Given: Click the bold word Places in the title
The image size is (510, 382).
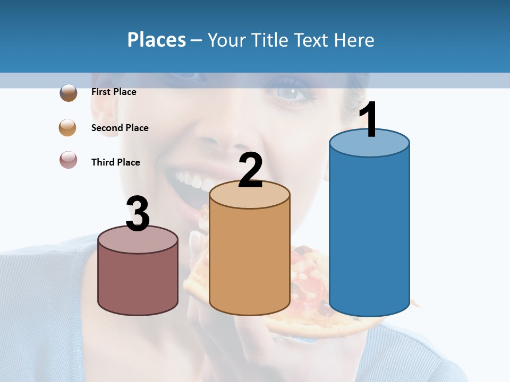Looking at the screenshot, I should (157, 40).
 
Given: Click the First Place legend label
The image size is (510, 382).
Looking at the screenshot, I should (114, 92).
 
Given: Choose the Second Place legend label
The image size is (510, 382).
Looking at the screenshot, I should (120, 128).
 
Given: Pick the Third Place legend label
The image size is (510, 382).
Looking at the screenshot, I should (115, 162).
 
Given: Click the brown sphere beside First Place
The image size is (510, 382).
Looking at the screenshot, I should (68, 93).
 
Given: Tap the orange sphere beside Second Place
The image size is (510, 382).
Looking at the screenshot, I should (68, 128).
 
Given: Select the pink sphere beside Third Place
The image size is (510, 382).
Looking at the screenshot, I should (68, 160).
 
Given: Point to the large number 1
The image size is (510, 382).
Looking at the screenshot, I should (369, 120).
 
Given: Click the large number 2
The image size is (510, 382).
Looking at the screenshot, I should (250, 170).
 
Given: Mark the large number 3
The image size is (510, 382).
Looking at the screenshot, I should (138, 214).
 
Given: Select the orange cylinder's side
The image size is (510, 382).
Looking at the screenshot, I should (250, 260).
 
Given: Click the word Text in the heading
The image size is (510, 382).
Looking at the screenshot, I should (314, 40).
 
